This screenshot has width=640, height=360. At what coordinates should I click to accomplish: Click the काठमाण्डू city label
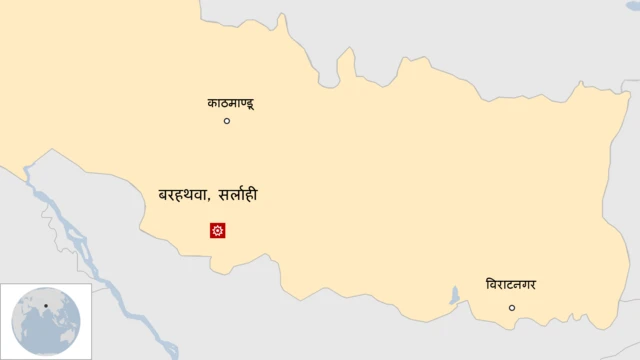pos(231,102)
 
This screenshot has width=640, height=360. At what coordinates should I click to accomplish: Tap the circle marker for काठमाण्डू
pos(227,121)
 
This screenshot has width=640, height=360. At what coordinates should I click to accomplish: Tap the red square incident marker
pos(217,231)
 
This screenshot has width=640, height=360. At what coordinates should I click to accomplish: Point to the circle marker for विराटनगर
pos(512,308)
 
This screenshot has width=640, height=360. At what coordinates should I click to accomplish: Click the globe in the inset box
pos(45,321)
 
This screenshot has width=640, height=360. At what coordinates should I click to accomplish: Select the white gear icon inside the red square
pos(217,231)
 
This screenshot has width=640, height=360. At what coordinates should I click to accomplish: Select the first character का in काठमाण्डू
pos(213,102)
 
